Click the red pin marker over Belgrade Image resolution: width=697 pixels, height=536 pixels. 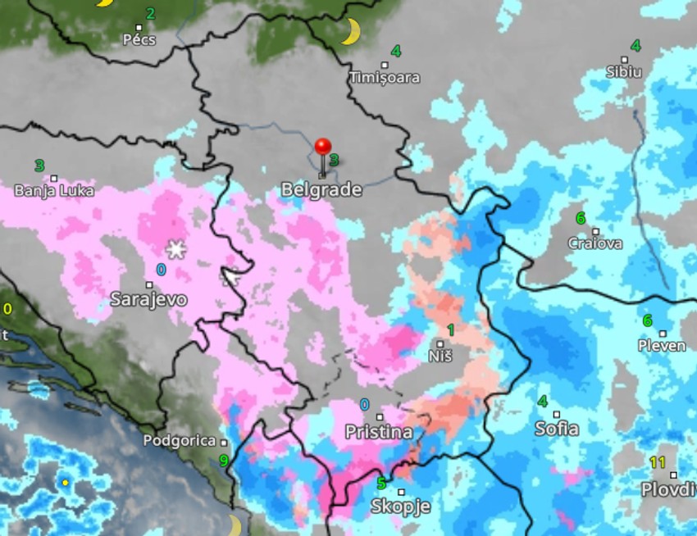pos(323,148)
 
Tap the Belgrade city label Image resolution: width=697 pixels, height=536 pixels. pos(321,189)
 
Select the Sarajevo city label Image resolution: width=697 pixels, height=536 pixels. pos(148,299)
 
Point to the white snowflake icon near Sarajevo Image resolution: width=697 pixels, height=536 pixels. pos(175,248)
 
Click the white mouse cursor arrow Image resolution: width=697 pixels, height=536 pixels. pos(232,277)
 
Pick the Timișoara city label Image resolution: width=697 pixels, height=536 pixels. pos(385,78)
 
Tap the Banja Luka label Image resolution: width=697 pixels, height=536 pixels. pos(54,191)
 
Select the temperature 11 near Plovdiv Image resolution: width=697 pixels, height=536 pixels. pos(658,462)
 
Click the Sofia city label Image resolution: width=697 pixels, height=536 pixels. pos(557,428)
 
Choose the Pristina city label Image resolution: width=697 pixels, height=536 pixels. pos(378,432)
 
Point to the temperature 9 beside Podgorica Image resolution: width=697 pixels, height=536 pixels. pos(223,461)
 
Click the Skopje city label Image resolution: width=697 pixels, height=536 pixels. pos(400,506)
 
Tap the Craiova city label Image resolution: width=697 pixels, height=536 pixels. pos(595,243)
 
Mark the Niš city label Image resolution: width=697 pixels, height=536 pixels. pos(441,357)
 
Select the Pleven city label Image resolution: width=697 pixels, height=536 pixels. pos(662,345)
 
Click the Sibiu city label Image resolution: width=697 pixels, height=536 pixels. pos(624,71)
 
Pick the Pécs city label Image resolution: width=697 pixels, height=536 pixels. pos(139,39)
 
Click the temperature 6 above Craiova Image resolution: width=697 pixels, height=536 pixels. pos(581,218)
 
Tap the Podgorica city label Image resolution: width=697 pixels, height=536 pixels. pos(180,440)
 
